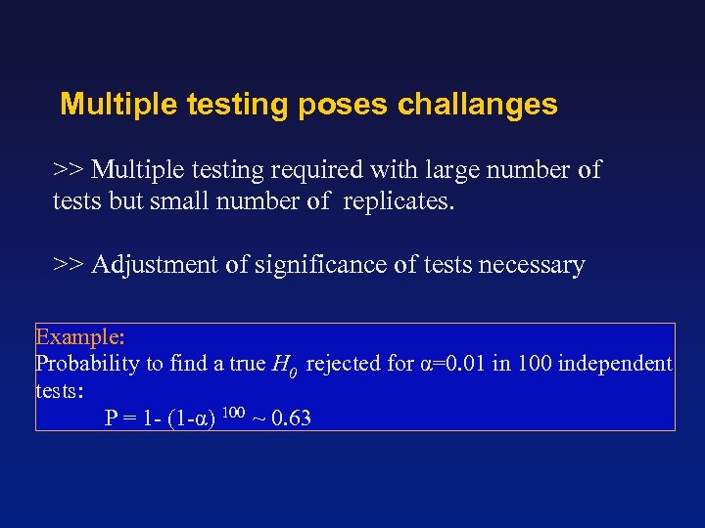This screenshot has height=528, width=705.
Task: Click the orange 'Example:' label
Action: tap(79, 337)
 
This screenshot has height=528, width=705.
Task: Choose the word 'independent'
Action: tap(614, 365)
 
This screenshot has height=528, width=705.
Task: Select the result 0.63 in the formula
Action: tap(292, 418)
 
